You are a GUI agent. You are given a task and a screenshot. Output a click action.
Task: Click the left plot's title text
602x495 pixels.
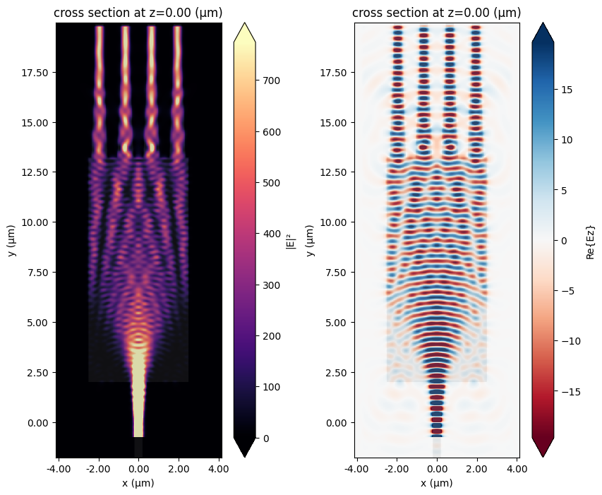pos(138,13)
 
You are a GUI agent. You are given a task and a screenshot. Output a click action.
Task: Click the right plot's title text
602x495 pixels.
pos(436,13)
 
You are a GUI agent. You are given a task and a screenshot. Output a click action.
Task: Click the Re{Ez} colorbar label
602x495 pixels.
pos(591,240)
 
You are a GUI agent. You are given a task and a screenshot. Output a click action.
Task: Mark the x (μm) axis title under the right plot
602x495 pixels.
pos(436,483)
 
